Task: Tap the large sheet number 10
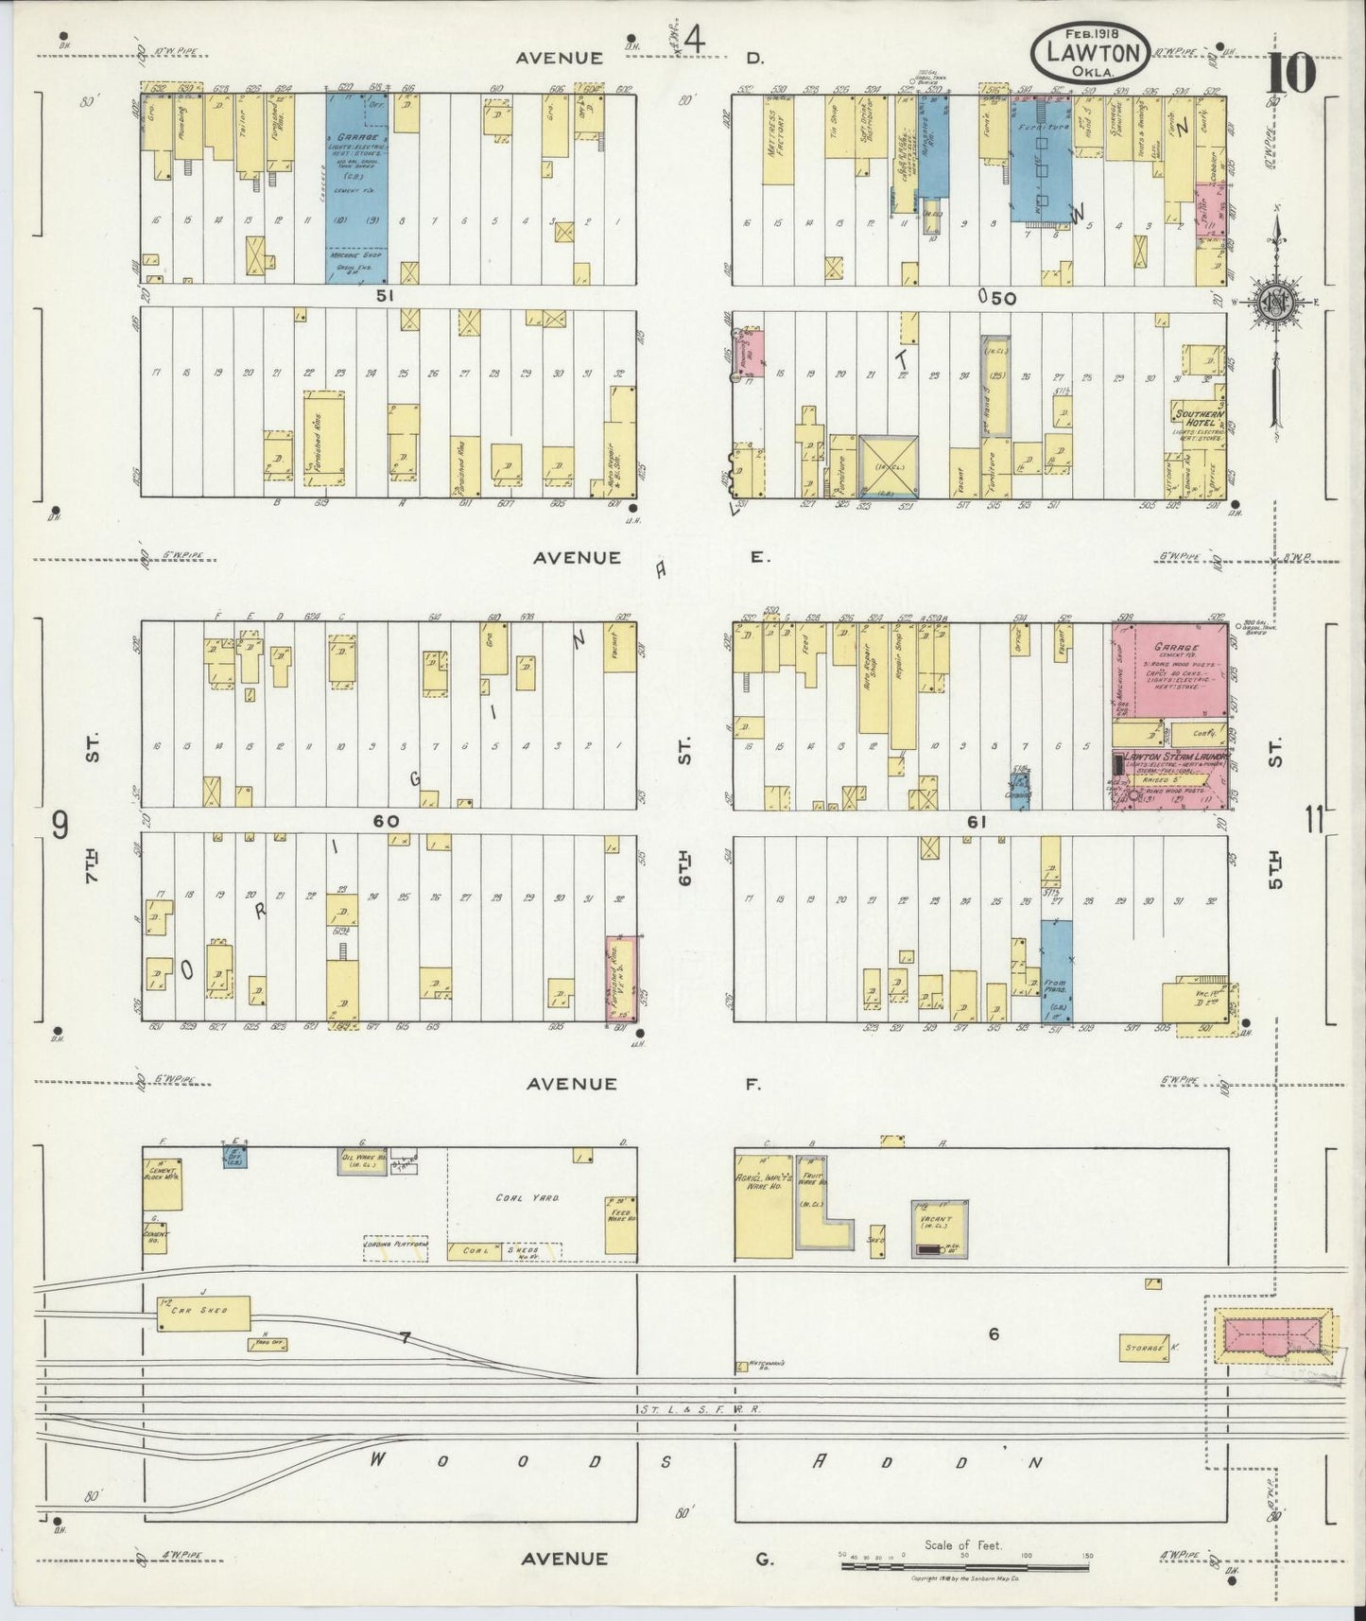[x=1292, y=73]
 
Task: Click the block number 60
[x=386, y=821]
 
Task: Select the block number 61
[x=977, y=822]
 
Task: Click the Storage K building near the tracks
[x=1143, y=1346]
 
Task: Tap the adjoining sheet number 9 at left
[x=60, y=826]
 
